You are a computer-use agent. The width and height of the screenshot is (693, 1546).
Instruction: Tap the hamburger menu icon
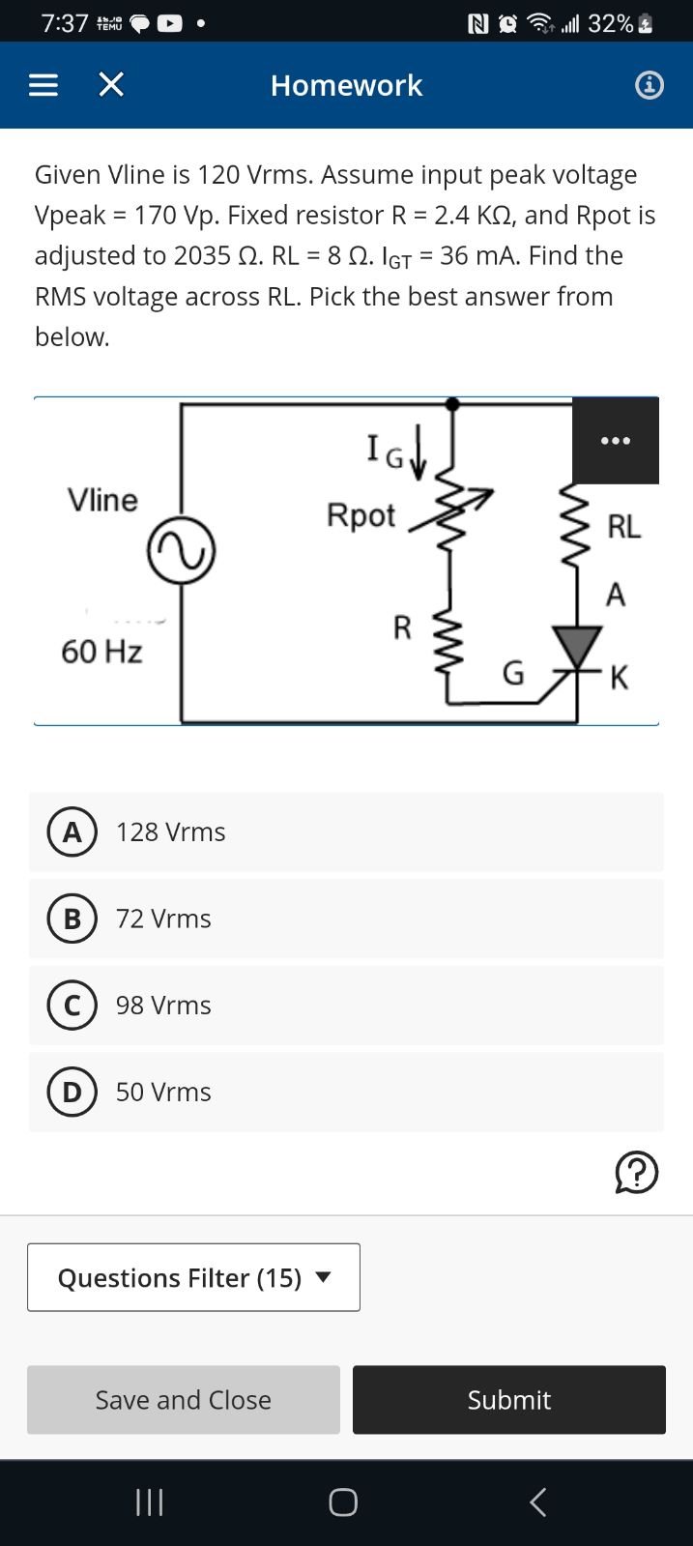[43, 86]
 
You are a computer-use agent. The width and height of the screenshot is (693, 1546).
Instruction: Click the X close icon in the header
[112, 86]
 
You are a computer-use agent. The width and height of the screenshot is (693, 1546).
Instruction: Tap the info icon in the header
[649, 86]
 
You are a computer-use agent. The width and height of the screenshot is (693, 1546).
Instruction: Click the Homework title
[346, 86]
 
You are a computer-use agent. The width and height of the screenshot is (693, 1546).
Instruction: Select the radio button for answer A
[72, 832]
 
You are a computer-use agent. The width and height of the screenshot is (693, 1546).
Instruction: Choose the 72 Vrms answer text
[163, 919]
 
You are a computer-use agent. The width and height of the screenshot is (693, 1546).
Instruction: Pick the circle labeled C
[72, 1006]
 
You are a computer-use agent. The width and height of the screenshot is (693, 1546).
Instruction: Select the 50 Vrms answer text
[163, 1093]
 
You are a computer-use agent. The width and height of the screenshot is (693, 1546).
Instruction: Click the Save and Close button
[184, 1399]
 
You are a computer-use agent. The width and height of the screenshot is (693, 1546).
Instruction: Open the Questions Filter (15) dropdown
[193, 1277]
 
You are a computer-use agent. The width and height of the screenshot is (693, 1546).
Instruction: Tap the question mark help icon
[637, 1173]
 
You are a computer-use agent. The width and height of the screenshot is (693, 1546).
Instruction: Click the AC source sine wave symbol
[181, 551]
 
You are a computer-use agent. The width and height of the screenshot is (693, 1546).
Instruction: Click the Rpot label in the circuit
[361, 515]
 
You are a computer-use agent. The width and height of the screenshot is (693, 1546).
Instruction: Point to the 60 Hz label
[101, 652]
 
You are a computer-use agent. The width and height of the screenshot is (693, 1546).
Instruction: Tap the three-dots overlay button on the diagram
[616, 441]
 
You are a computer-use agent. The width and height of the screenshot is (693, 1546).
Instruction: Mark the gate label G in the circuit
[513, 673]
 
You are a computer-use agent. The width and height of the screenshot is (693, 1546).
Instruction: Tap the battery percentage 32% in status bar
[610, 23]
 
